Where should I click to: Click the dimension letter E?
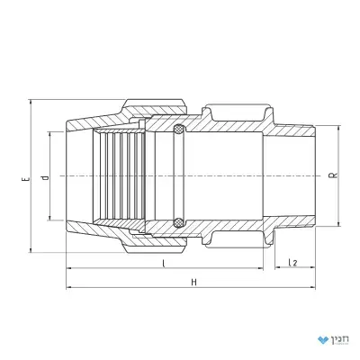[x=27, y=179]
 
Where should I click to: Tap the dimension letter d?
[x=46, y=178]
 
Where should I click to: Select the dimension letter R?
[x=336, y=175]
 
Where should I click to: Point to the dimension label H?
[x=194, y=282]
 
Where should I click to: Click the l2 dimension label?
[x=292, y=263]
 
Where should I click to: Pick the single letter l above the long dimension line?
[x=163, y=264]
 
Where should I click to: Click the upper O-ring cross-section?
[x=180, y=129]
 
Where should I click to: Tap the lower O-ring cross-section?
[x=180, y=222]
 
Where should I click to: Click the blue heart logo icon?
[x=323, y=340]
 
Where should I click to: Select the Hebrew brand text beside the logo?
[x=340, y=339]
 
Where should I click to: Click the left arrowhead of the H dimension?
[x=69, y=288]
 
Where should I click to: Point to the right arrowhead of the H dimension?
[x=312, y=288]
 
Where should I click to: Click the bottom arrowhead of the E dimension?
[x=31, y=249]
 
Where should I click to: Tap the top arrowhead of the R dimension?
[x=338, y=130]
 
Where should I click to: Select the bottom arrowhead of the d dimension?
[x=49, y=217]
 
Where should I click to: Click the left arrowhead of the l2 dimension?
[x=278, y=267]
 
